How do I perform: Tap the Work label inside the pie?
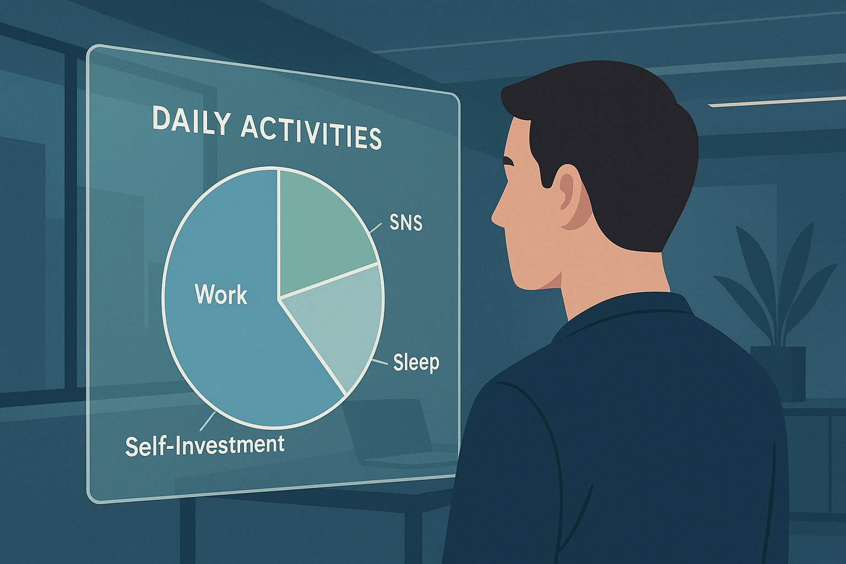(x=221, y=294)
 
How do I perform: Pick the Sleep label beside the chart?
(x=416, y=362)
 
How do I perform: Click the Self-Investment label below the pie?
(x=204, y=445)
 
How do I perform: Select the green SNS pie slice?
(x=321, y=230)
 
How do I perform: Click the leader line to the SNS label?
(x=376, y=227)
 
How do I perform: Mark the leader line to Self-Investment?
(x=207, y=421)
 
